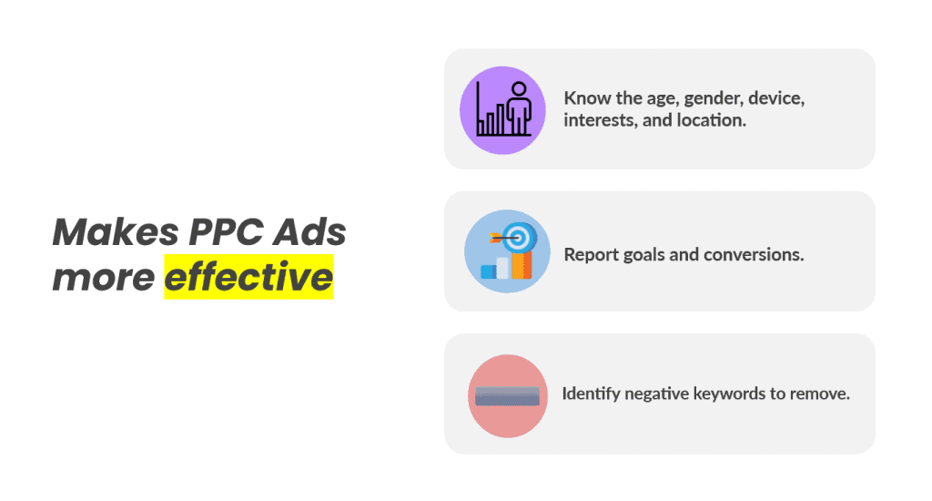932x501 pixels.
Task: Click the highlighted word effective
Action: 248,277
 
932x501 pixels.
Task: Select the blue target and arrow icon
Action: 507,250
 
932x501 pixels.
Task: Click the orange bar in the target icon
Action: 522,264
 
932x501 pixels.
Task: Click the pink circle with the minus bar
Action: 507,396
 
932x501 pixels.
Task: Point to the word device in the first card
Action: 775,97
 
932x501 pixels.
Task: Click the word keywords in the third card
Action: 724,395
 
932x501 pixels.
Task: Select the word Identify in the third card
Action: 590,395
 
